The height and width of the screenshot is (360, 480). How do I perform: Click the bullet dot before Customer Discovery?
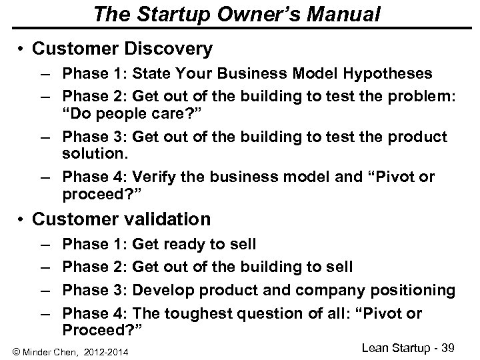tap(23, 49)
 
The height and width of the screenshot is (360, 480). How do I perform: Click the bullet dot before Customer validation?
tap(23, 219)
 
